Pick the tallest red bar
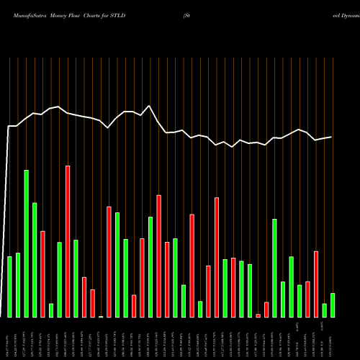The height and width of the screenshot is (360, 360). click(68, 241)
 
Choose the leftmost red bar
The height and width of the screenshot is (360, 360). click(43, 274)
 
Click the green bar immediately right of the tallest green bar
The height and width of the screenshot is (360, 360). click(35, 260)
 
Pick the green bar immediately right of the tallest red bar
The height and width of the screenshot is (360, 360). click(76, 279)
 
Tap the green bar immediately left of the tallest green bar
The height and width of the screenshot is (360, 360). click(18, 285)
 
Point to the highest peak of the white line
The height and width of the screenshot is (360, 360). click(149, 106)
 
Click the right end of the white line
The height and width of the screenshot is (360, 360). click(332, 137)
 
